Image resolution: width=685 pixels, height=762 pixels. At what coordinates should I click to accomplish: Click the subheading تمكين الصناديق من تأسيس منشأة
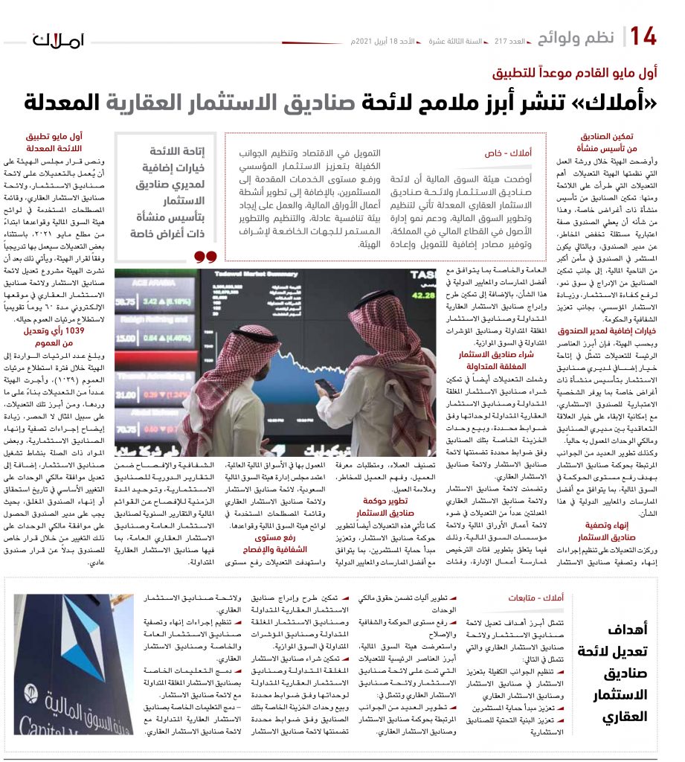point(607,143)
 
